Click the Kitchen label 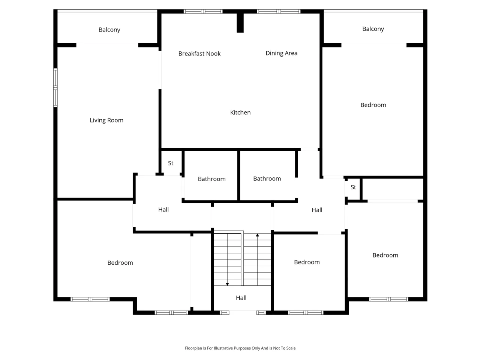tap(240, 112)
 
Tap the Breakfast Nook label tap(199, 54)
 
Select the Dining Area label tap(281, 53)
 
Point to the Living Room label tap(106, 120)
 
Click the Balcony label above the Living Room tap(109, 30)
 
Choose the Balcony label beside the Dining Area tap(373, 29)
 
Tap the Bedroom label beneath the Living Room tap(120, 263)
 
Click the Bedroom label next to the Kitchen tap(373, 105)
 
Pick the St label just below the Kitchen tap(171, 163)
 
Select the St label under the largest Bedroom tap(353, 187)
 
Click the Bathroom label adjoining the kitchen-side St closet tap(211, 179)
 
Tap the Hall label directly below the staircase tap(241, 298)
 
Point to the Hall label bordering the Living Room tap(163, 210)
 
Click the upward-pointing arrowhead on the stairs tap(257, 235)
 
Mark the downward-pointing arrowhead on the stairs tap(227, 284)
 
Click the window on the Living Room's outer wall tap(55, 88)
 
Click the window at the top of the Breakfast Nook tap(203, 11)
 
